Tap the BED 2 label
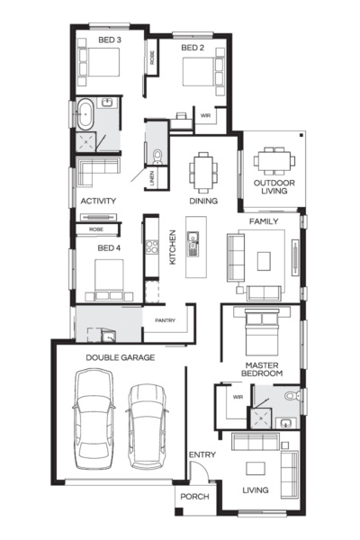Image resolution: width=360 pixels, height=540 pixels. [193, 48]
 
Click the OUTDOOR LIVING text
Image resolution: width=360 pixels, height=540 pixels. [274, 185]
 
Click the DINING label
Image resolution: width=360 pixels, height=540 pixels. [202, 201]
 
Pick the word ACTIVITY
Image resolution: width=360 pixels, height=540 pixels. [97, 201]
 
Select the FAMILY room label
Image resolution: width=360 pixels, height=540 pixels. [263, 220]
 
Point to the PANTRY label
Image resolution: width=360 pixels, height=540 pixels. [164, 320]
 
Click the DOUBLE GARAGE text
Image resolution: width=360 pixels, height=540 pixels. [121, 357]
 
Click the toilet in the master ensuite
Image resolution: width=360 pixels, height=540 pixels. [290, 396]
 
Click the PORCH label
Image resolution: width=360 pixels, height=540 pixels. [193, 496]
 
